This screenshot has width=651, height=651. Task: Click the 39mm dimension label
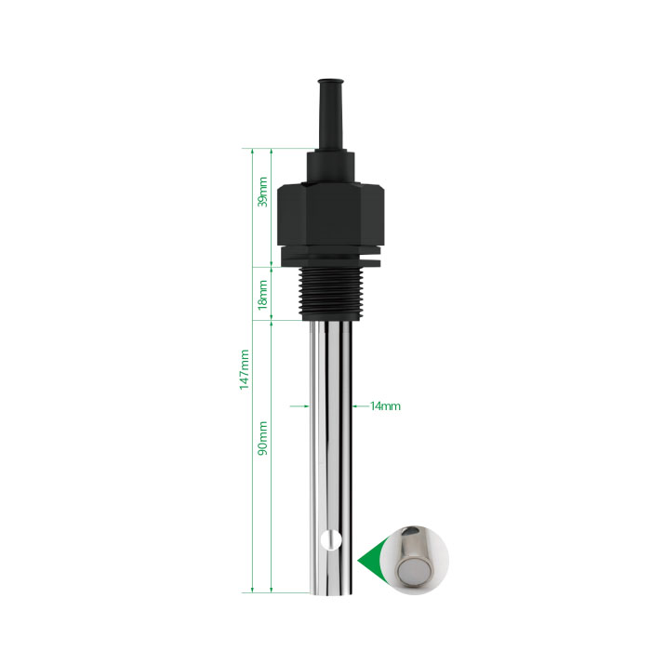[x=263, y=192]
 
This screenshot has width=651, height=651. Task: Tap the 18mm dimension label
[x=263, y=295]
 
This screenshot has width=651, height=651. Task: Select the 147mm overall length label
[x=244, y=369]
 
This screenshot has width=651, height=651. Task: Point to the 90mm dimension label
[x=263, y=438]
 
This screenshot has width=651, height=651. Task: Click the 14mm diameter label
[x=385, y=406]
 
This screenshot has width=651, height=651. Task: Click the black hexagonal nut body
[x=330, y=214]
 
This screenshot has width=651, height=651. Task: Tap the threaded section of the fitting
[x=331, y=293]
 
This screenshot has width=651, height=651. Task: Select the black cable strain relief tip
[x=331, y=114]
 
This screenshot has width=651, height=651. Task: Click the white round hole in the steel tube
[x=331, y=540]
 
